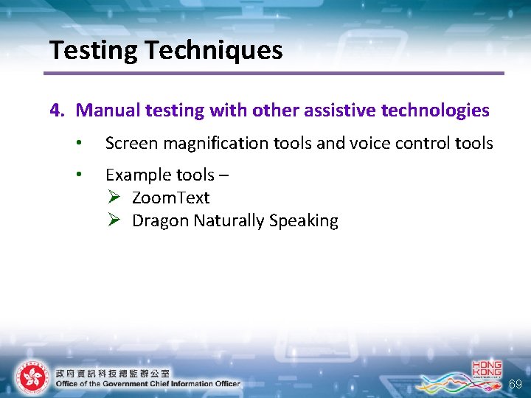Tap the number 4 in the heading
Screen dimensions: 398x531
coord(55,111)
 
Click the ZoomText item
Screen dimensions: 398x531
coord(170,198)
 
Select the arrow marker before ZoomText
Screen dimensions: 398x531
coord(114,198)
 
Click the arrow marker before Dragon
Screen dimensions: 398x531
coord(114,221)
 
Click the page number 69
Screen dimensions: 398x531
coord(516,385)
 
